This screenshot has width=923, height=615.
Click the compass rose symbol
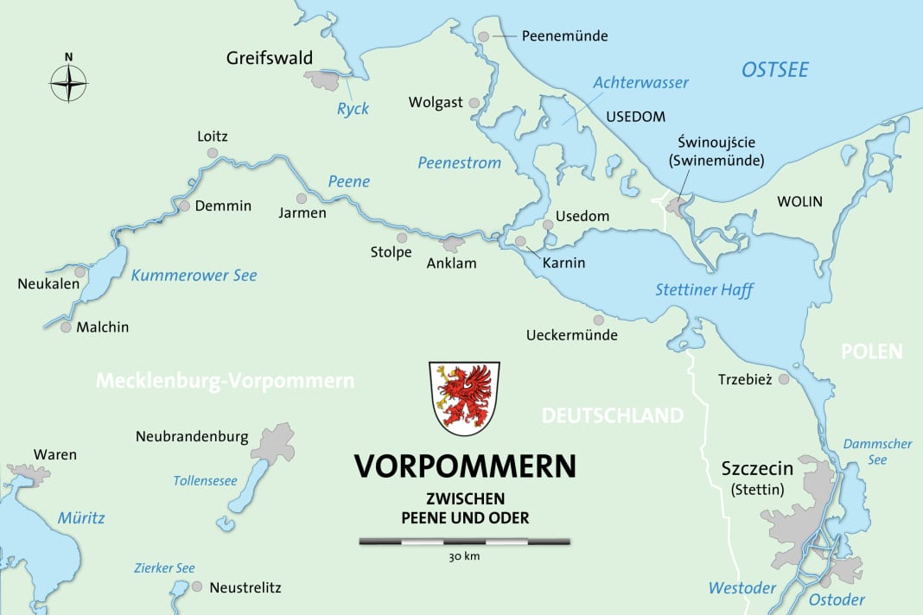coord(69,83)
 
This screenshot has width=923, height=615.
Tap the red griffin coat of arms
coord(464,398)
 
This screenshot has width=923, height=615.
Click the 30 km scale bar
coord(464,542)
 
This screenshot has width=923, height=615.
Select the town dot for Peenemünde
coord(485,36)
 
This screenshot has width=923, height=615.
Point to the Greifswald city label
coord(269,59)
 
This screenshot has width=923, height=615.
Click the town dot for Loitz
coord(213,153)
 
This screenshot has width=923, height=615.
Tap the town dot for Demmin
coord(184,206)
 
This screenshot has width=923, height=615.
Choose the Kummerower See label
coord(194,276)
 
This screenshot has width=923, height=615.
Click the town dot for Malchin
coord(66,327)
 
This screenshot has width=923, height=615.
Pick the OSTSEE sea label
coord(775,69)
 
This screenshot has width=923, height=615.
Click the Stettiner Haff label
coord(703,290)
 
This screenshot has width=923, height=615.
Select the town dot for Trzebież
coord(784,379)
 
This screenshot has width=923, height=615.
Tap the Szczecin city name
coord(757,469)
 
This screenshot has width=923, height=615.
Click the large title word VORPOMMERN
coord(465,466)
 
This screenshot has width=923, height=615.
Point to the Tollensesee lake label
coord(205,481)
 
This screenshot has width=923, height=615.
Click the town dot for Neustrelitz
coord(198,586)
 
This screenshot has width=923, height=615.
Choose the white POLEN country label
coord(873,352)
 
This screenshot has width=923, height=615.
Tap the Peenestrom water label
coord(459,162)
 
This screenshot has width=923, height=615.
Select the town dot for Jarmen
coord(302,197)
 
